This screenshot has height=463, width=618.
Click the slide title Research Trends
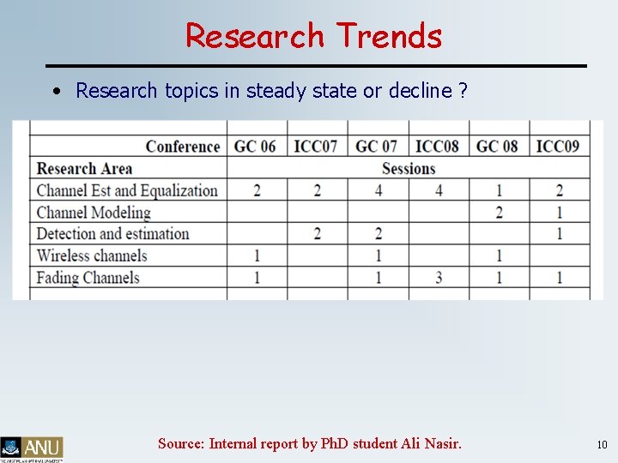coord(313,36)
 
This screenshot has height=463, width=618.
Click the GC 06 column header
coord(255,146)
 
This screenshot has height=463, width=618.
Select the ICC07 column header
coord(316,146)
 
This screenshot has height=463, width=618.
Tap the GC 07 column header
coord(376,146)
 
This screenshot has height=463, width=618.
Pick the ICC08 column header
coord(437,146)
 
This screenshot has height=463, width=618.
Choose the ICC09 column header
coord(558,146)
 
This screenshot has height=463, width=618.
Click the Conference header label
coord(182,146)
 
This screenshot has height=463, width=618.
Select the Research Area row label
coord(84,169)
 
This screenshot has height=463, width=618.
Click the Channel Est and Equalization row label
coord(127,190)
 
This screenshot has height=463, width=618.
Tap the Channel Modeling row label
coord(93,212)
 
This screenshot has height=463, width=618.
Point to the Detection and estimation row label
coord(112,233)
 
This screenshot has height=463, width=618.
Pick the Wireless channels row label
coord(92,256)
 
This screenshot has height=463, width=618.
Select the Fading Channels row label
coord(88,277)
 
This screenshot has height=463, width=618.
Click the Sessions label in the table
coord(409,169)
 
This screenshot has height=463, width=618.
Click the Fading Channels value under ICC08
coord(438,277)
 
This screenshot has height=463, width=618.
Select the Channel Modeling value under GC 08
coord(499,212)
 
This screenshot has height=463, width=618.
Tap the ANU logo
coord(32,448)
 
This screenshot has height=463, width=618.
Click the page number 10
coord(602,444)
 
